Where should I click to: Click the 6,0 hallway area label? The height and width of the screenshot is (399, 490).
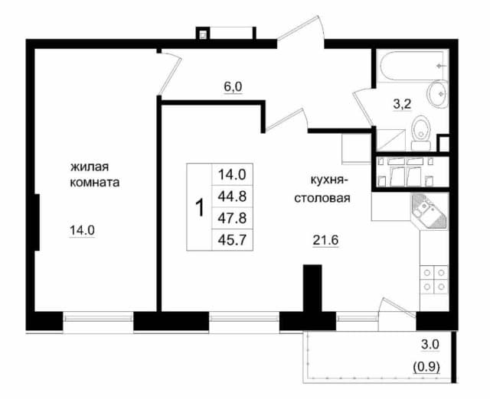[x=233, y=86]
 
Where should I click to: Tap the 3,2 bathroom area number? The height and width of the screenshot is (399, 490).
[x=402, y=104]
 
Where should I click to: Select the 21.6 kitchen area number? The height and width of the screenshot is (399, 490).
[x=325, y=240]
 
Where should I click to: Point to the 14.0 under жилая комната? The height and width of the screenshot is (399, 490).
[x=82, y=231]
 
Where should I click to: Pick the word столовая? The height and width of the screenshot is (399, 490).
[x=322, y=198]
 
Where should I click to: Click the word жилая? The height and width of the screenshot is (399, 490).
[x=90, y=167]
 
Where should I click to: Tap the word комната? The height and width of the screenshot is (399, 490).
[x=94, y=183]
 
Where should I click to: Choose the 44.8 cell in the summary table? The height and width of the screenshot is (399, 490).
[x=232, y=196]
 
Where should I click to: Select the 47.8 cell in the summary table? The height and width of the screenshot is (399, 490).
[x=232, y=219]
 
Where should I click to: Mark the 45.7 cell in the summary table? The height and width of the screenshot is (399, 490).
[x=232, y=240]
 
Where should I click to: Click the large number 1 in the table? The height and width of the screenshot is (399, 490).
[x=199, y=208]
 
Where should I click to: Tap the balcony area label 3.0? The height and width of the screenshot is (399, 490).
[x=430, y=345]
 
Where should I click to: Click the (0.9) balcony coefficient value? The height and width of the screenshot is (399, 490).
[x=426, y=367]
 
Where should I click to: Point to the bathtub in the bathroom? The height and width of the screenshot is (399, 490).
[x=411, y=66]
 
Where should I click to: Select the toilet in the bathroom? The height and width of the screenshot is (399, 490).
[x=421, y=132]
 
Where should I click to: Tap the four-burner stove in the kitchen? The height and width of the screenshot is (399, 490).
[x=434, y=280]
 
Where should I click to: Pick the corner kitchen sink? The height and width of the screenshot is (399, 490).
[x=430, y=212]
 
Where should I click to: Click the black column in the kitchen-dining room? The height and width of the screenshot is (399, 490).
[x=312, y=287]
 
